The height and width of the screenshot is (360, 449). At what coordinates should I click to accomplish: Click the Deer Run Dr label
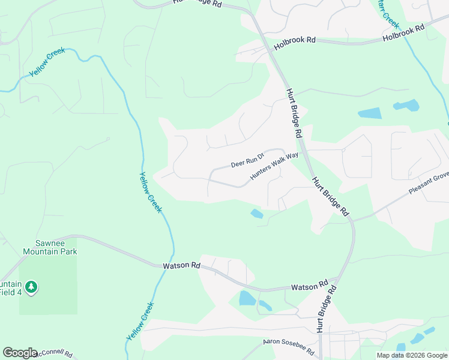pos(248,160)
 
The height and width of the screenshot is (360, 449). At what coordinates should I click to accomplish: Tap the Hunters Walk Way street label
pos(274,167)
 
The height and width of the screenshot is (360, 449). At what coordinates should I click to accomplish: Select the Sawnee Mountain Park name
pos(48,247)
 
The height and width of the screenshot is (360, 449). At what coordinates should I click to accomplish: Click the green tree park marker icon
pos(32,287)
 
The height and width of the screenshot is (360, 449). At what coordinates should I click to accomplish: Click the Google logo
pos(20,353)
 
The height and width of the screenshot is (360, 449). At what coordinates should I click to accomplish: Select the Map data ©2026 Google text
pos(412,355)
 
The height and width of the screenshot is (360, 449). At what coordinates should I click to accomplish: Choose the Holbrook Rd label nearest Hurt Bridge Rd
pos(295,43)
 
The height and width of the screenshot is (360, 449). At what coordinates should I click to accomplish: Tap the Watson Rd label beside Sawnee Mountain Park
pos(181,265)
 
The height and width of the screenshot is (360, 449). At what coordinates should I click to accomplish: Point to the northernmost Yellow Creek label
pos(47,62)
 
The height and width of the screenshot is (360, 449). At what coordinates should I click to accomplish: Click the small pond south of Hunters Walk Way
pos(257,214)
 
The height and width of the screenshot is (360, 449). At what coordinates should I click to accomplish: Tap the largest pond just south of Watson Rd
pos(247,298)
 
